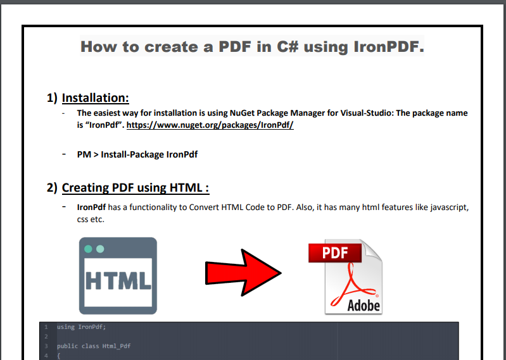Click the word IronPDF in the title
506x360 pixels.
click(x=389, y=47)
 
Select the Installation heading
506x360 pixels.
click(x=95, y=98)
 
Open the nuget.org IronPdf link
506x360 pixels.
click(x=210, y=125)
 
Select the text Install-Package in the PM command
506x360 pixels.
click(x=132, y=154)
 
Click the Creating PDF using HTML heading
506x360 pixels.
click(x=136, y=187)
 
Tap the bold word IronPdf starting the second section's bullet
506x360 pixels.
click(x=91, y=207)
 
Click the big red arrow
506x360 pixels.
click(x=243, y=273)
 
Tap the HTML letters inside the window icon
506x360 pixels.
click(x=118, y=280)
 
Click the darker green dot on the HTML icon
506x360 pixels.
click(x=88, y=249)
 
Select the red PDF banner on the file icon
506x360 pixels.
click(x=335, y=253)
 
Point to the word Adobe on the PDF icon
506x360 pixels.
click(x=364, y=305)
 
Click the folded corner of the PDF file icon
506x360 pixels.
click(x=372, y=250)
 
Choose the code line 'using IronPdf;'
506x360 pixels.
click(x=81, y=327)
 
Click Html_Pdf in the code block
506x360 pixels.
click(x=117, y=346)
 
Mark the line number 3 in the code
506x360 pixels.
click(x=46, y=346)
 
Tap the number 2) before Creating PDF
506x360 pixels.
click(x=52, y=187)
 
